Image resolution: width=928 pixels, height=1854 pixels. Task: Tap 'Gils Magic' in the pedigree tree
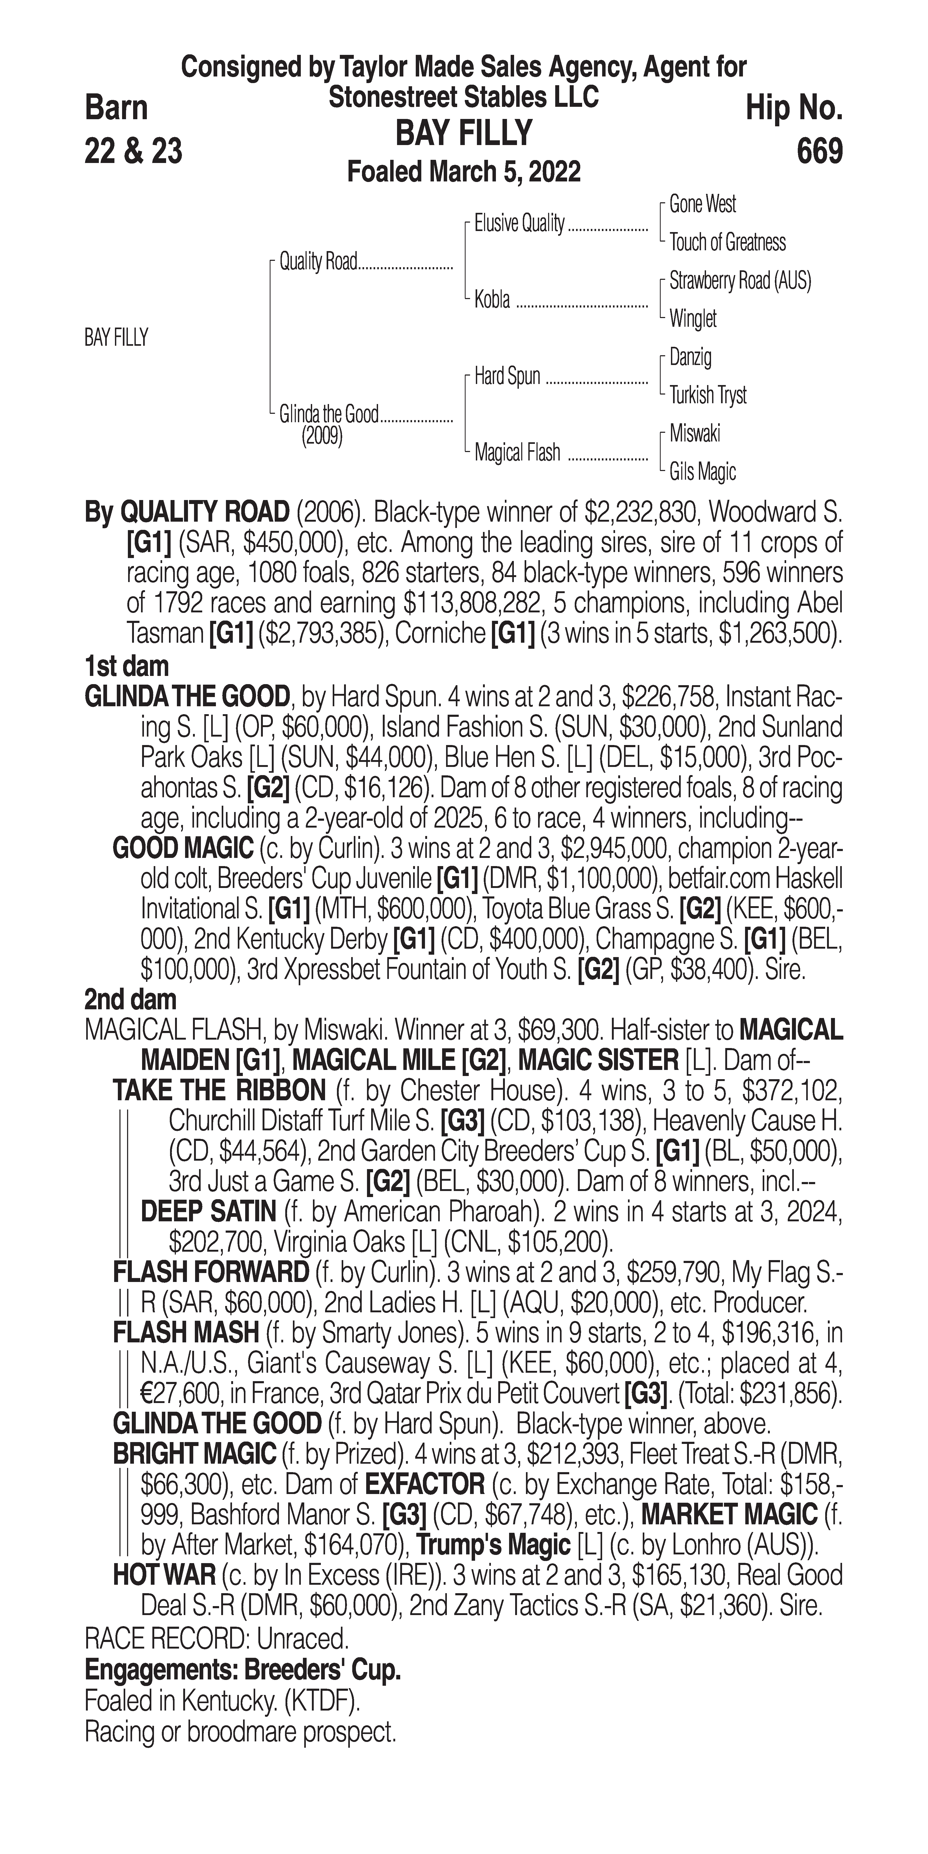coord(702,472)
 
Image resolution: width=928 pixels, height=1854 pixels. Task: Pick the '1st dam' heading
coord(127,666)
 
